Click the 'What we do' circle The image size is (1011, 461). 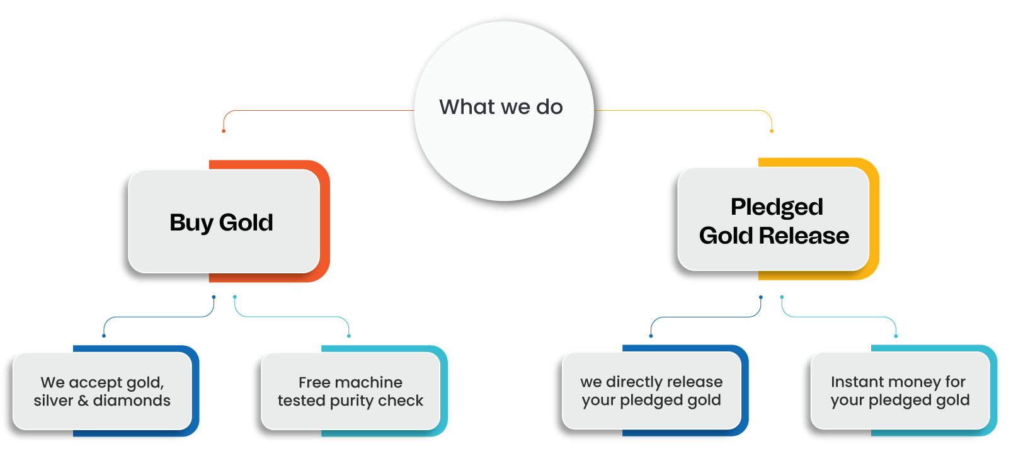pos(503,111)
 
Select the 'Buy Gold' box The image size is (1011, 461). pos(224,221)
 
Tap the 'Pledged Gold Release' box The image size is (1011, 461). pos(774,219)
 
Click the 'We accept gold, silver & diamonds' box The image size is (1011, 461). pos(102,391)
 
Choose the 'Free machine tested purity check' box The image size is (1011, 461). pos(350,391)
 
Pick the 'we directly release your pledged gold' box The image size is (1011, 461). pos(651,390)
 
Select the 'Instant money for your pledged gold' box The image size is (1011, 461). pos(900,390)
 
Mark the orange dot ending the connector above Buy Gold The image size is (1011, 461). pos(224,131)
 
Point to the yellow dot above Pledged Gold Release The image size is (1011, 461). pos(772,131)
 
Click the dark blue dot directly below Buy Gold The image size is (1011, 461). pos(214,297)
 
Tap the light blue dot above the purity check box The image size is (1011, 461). pos(349,336)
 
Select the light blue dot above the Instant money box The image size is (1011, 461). pos(896,336)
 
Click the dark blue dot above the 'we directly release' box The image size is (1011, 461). pos(651,336)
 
